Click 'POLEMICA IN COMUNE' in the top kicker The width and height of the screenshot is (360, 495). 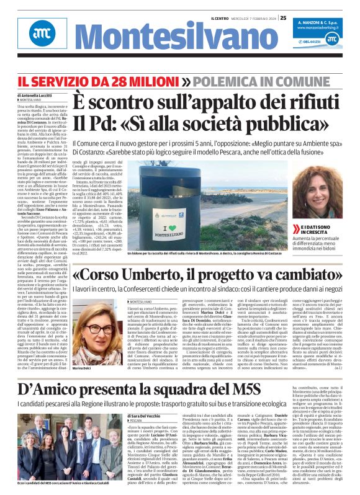[x=245, y=80]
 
